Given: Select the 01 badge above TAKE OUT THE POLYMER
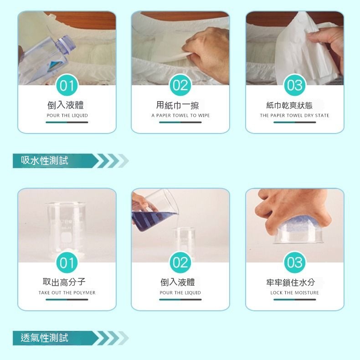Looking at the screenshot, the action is point(67,262).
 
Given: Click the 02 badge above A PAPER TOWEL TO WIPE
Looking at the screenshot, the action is point(180,85).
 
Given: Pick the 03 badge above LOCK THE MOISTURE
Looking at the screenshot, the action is point(294,262).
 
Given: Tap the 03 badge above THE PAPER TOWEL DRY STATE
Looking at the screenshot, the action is point(294,85).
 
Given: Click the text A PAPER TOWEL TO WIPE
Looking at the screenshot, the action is point(180,115).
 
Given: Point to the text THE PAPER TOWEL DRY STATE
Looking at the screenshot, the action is point(294,115).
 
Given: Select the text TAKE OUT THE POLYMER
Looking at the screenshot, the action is point(67,293).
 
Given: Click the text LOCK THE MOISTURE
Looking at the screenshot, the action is point(294,293).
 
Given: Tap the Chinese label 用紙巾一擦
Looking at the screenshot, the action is point(177,105).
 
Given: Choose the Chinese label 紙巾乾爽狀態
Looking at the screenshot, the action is point(289,105).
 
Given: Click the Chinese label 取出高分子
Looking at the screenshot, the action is point(64,282).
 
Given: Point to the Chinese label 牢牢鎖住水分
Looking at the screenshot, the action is point(290,283).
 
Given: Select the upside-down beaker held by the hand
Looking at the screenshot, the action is point(298,231).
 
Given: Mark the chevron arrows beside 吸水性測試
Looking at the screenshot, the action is point(113,161).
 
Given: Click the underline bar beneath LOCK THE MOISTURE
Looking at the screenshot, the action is point(294,299).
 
